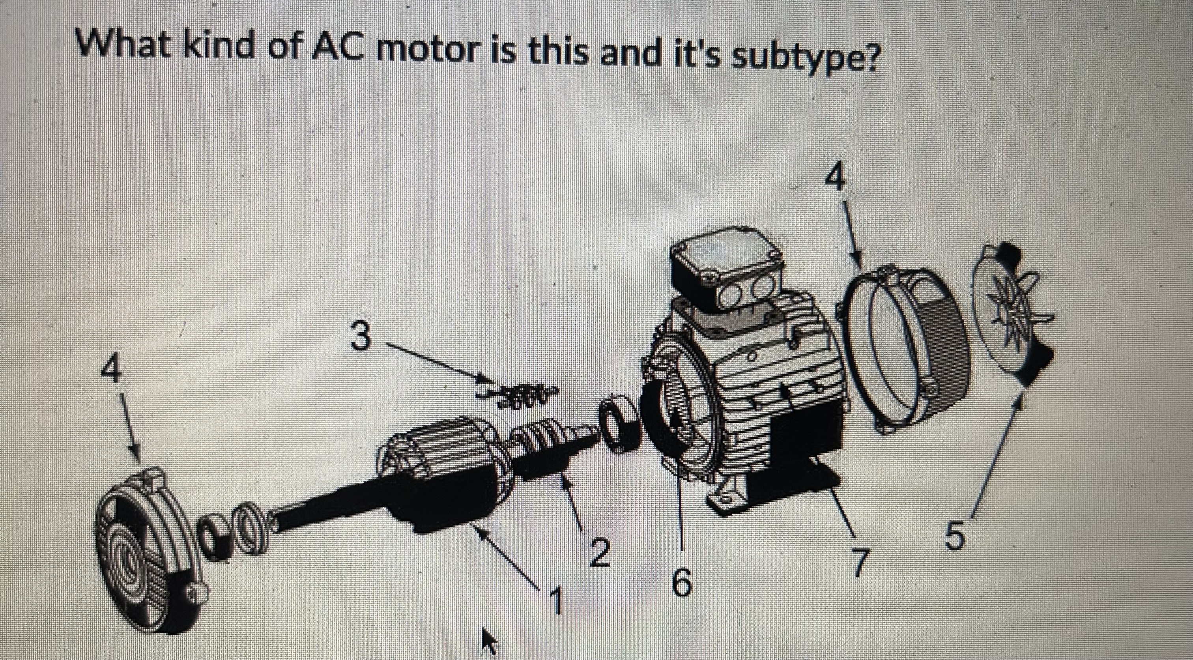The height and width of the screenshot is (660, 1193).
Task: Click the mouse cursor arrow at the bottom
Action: pos(488,641)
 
